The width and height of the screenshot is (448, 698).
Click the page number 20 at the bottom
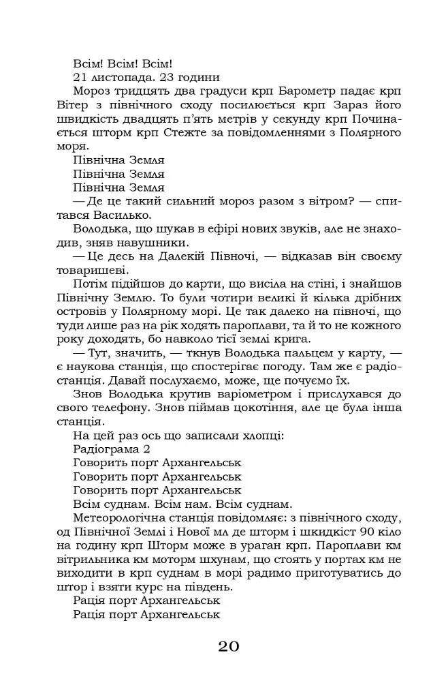[229, 646]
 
